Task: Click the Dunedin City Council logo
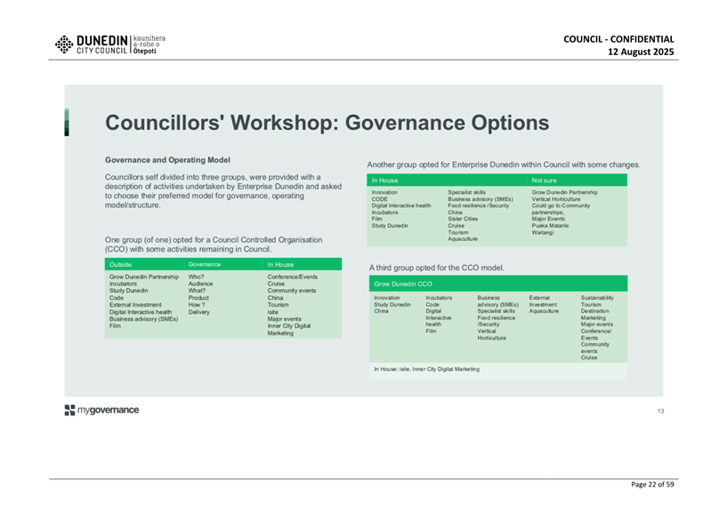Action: [109, 44]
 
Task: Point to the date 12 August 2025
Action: [641, 52]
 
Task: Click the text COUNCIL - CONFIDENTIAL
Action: [618, 39]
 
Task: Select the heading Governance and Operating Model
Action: [167, 160]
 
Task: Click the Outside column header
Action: [120, 265]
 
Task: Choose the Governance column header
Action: [205, 264]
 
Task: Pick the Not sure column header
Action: [544, 181]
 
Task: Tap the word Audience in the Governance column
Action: [200, 284]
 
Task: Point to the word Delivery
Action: [199, 312]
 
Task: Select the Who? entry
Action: [196, 277]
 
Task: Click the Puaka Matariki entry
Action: [550, 226]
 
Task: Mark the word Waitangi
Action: [543, 232]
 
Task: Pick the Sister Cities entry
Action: [463, 219]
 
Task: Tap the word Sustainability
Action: [597, 298]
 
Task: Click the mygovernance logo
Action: [101, 410]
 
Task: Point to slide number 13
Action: [660, 411]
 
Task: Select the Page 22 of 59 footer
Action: [652, 485]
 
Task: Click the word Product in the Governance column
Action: [198, 298]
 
